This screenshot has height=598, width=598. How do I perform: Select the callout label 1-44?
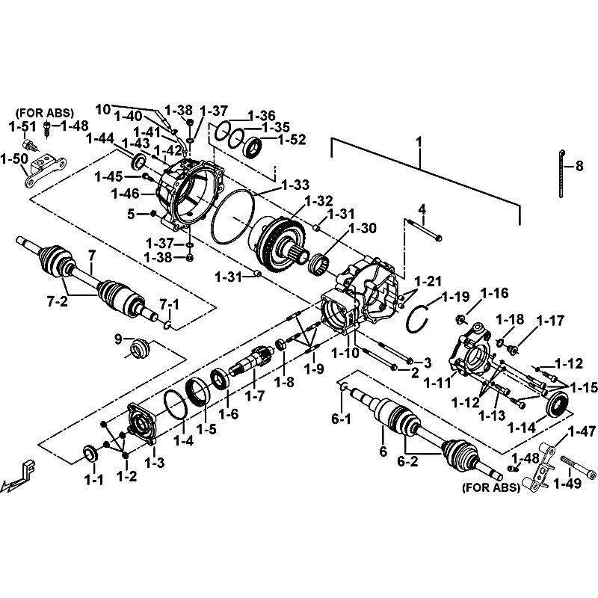click(99, 138)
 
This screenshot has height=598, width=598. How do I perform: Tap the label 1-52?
click(292, 138)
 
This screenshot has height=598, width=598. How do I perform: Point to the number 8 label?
click(579, 167)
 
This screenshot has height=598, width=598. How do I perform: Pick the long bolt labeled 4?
click(423, 230)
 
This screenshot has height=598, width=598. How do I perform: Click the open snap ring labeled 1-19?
click(417, 319)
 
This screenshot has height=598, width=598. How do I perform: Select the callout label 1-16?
click(494, 292)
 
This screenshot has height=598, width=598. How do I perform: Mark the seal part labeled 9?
click(139, 348)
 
